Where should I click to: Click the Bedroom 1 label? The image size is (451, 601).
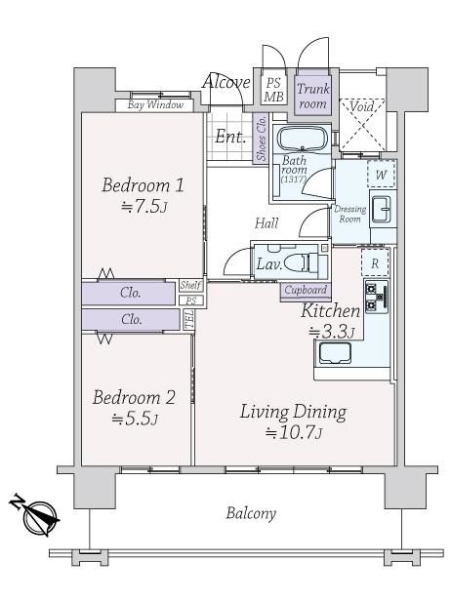click(143, 185)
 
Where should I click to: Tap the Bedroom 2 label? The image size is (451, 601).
click(135, 397)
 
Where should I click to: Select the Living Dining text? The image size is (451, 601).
click(294, 412)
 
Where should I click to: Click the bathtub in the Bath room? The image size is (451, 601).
click(303, 139)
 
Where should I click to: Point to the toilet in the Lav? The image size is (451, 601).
click(309, 263)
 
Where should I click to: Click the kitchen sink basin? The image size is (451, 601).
click(335, 353)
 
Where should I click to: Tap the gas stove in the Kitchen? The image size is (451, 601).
click(377, 297)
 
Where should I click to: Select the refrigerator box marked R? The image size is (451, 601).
click(375, 263)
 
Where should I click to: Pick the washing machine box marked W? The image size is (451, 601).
click(381, 175)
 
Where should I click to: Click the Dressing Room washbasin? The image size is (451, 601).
click(381, 209)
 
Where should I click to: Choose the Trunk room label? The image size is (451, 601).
click(313, 97)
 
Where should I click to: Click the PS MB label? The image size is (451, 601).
click(273, 90)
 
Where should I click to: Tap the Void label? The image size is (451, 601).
click(361, 106)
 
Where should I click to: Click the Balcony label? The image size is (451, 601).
click(251, 513)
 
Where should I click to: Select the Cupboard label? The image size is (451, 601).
click(306, 290)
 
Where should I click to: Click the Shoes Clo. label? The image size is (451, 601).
click(262, 138)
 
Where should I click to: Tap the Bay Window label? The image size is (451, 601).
click(155, 104)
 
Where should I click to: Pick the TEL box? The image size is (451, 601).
click(189, 320)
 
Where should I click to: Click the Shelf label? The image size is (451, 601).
click(191, 286)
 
